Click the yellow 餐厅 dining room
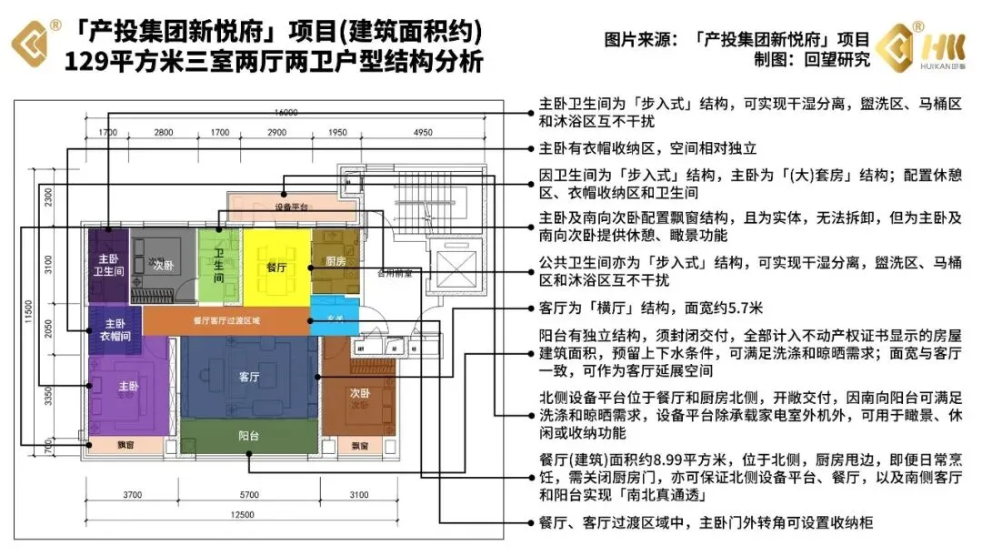click(x=276, y=268)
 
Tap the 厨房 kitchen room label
click(x=336, y=262)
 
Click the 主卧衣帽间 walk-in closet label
click(x=115, y=329)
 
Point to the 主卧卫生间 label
click(x=109, y=265)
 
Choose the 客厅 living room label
click(x=250, y=376)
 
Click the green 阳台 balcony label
click(x=250, y=436)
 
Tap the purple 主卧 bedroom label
click(x=128, y=386)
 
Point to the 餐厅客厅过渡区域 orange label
click(x=226, y=320)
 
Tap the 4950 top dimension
click(x=422, y=134)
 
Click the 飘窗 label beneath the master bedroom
click(x=126, y=446)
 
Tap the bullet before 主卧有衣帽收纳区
click(x=530, y=147)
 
